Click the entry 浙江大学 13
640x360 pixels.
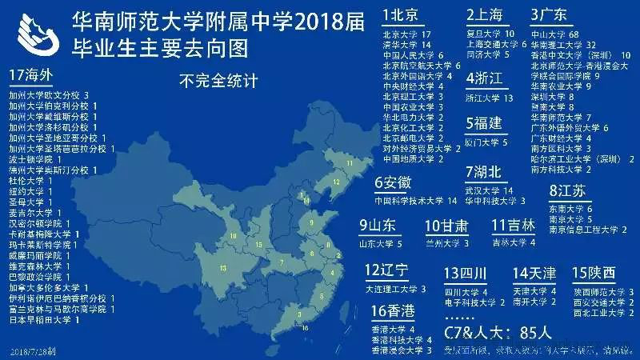click(487, 98)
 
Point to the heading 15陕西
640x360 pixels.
click(594, 272)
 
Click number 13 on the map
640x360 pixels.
click(223, 267)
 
